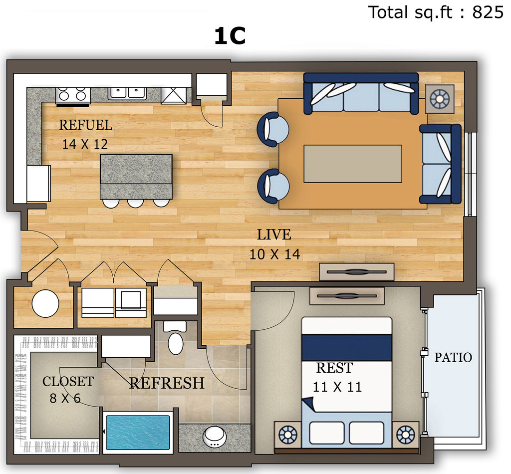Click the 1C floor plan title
[x=230, y=36]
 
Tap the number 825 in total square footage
[x=488, y=12]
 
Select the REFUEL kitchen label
[x=85, y=125]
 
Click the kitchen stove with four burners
[x=73, y=96]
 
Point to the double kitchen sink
[x=127, y=93]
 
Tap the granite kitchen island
[x=136, y=177]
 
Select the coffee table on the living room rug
[x=353, y=164]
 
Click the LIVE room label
[x=274, y=235]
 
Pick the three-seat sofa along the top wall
[x=361, y=93]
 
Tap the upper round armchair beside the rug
[x=272, y=129]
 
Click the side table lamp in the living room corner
[x=440, y=99]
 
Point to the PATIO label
[x=453, y=358]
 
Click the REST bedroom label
[x=334, y=368]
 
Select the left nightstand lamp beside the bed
[x=288, y=435]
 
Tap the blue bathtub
[x=138, y=432]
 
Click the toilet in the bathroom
[x=175, y=338]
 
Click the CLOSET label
[x=68, y=382]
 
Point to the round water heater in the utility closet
[x=45, y=303]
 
